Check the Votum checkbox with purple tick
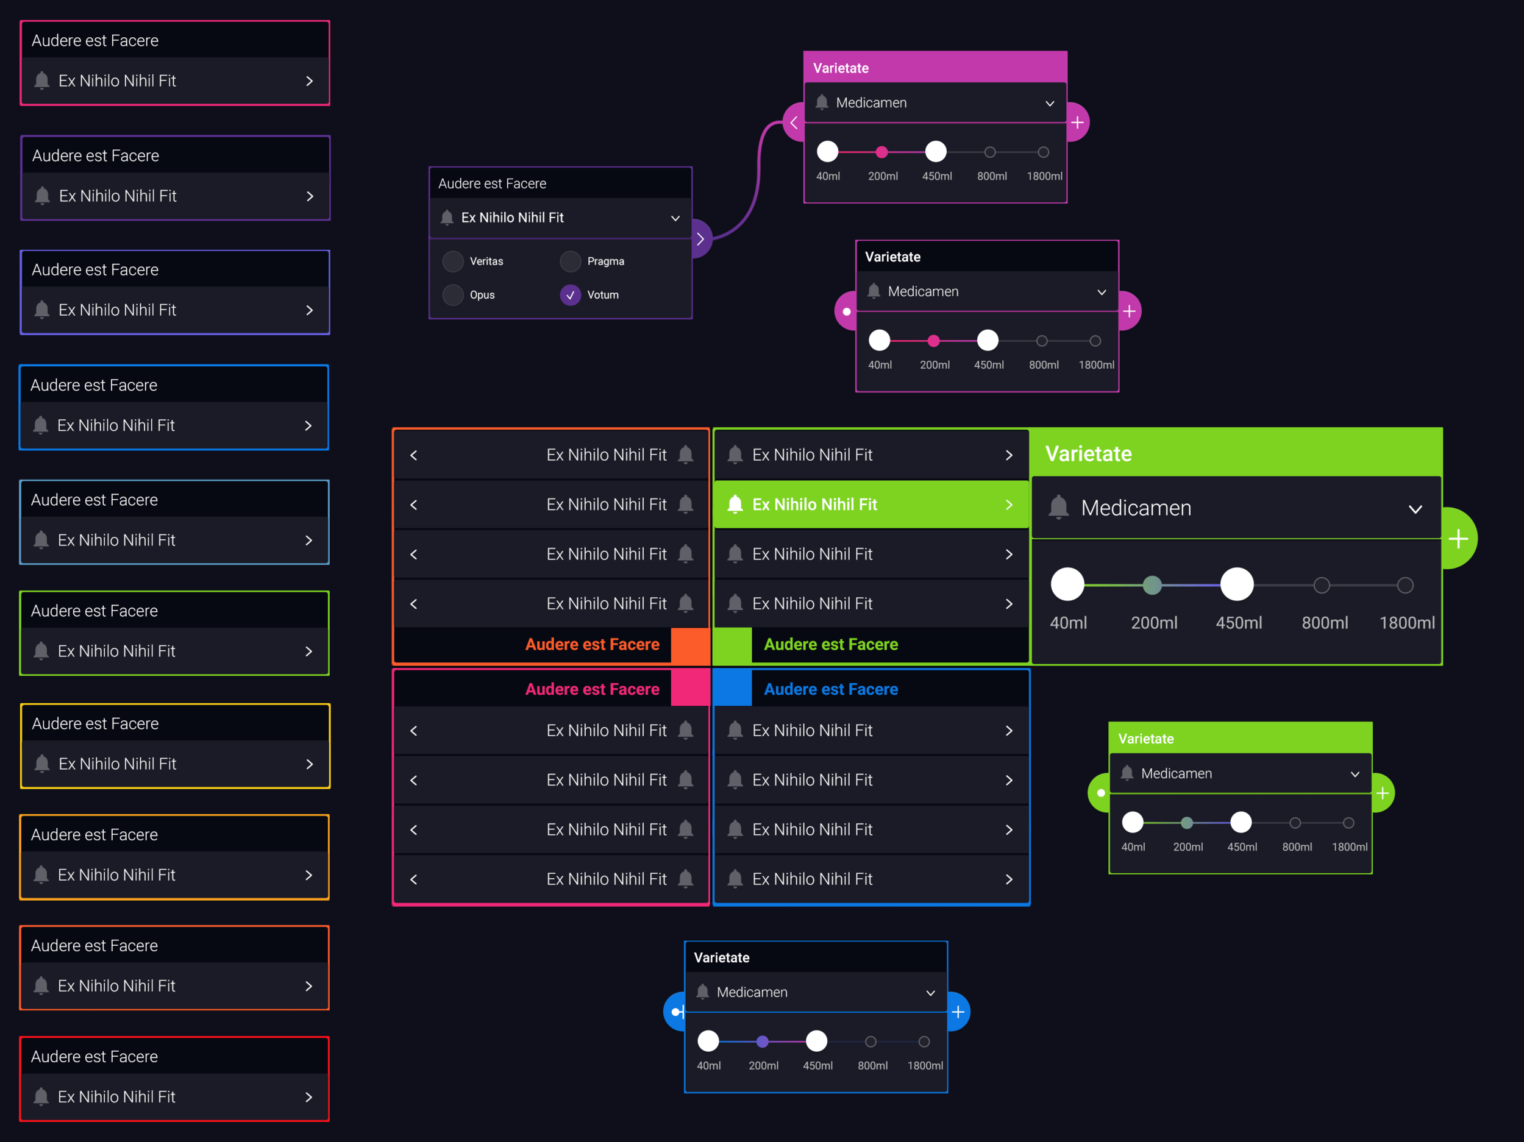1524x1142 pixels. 570,295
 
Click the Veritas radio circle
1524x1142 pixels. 453,261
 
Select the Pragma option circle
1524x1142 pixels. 570,261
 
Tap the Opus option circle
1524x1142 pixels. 453,295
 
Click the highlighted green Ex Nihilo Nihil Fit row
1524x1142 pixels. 871,504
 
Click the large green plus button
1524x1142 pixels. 1458,539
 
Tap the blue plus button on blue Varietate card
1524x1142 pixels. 958,1012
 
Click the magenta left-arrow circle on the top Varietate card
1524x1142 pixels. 794,122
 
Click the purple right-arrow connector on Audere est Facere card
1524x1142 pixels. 700,239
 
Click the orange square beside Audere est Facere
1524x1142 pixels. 689,645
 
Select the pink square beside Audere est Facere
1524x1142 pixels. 689,689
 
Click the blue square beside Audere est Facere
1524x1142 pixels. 732,689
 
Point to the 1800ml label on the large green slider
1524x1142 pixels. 1406,623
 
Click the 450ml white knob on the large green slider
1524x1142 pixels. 1237,585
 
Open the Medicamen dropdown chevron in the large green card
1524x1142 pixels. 1415,509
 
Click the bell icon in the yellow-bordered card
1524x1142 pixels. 42,763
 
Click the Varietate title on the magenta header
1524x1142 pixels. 841,68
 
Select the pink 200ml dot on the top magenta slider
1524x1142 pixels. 881,152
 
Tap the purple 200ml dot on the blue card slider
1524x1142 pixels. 762,1041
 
